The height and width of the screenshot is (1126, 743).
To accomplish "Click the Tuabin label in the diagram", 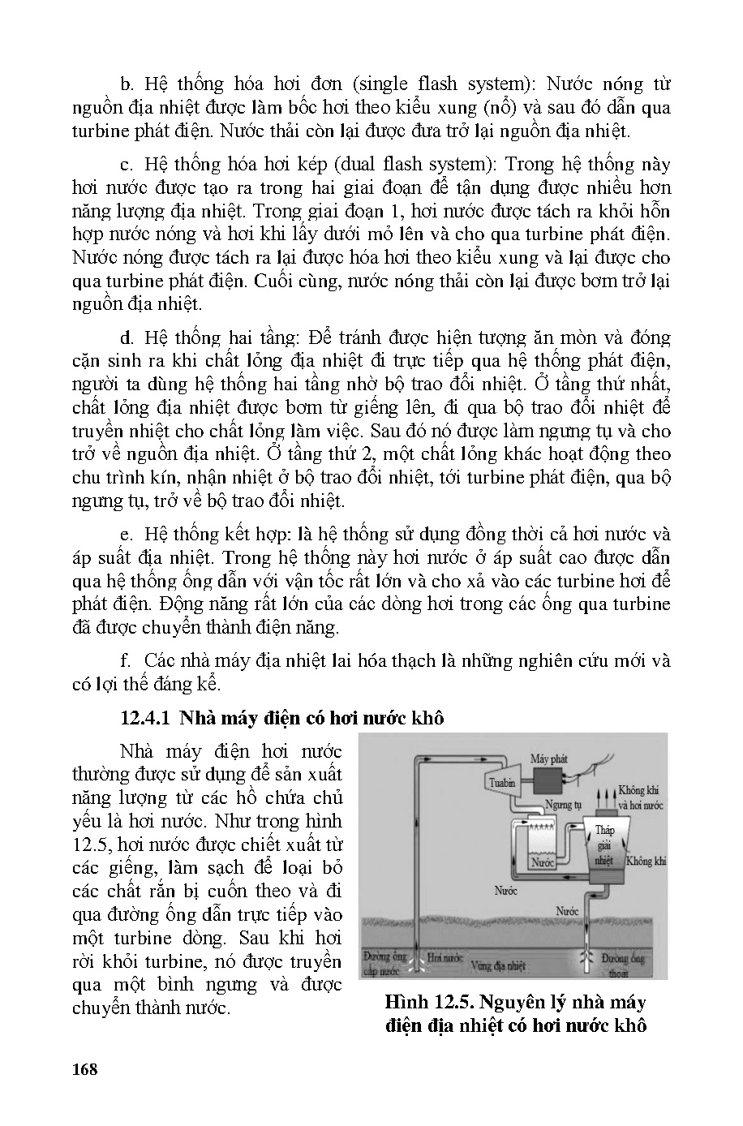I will pos(503,782).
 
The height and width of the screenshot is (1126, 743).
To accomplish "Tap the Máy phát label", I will pos(549,759).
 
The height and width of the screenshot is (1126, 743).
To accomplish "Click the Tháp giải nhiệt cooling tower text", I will pos(604,844).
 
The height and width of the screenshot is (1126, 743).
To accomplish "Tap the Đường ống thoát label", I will pos(623,964).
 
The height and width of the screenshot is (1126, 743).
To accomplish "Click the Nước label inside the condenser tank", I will pos(543,863).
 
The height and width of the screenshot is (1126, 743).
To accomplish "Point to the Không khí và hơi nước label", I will pos(641,797).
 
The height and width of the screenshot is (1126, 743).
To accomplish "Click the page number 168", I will pos(84,1068).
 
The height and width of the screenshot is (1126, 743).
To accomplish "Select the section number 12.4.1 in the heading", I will pos(146,718).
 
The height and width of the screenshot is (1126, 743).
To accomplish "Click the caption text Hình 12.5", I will pos(426,1002).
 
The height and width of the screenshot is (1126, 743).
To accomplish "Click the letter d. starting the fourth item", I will pos(126,337).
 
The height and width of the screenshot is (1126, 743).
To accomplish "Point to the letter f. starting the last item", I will pos(125,660).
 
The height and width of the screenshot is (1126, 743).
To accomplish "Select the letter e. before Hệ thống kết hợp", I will pos(126,535).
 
